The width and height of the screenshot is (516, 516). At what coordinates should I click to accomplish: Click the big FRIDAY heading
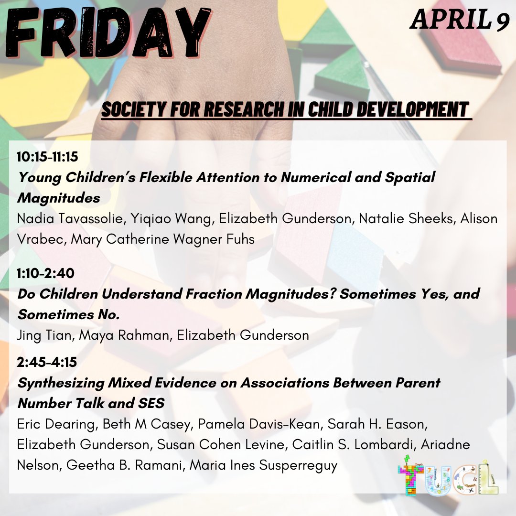point(107,33)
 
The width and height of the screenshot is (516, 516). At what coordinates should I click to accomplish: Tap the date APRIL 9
point(460,21)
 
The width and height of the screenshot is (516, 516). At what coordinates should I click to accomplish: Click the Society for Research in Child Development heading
point(285,109)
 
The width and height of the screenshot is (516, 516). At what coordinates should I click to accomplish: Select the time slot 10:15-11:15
point(47,156)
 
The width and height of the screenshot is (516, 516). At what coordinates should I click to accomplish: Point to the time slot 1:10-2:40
point(45,273)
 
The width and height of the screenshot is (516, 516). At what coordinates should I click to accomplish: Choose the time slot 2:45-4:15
point(47,363)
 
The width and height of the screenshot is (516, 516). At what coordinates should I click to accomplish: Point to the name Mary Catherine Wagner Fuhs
point(163,239)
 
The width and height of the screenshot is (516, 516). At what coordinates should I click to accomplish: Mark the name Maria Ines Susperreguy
point(264,465)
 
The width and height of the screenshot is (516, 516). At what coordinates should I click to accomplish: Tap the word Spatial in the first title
point(409,177)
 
